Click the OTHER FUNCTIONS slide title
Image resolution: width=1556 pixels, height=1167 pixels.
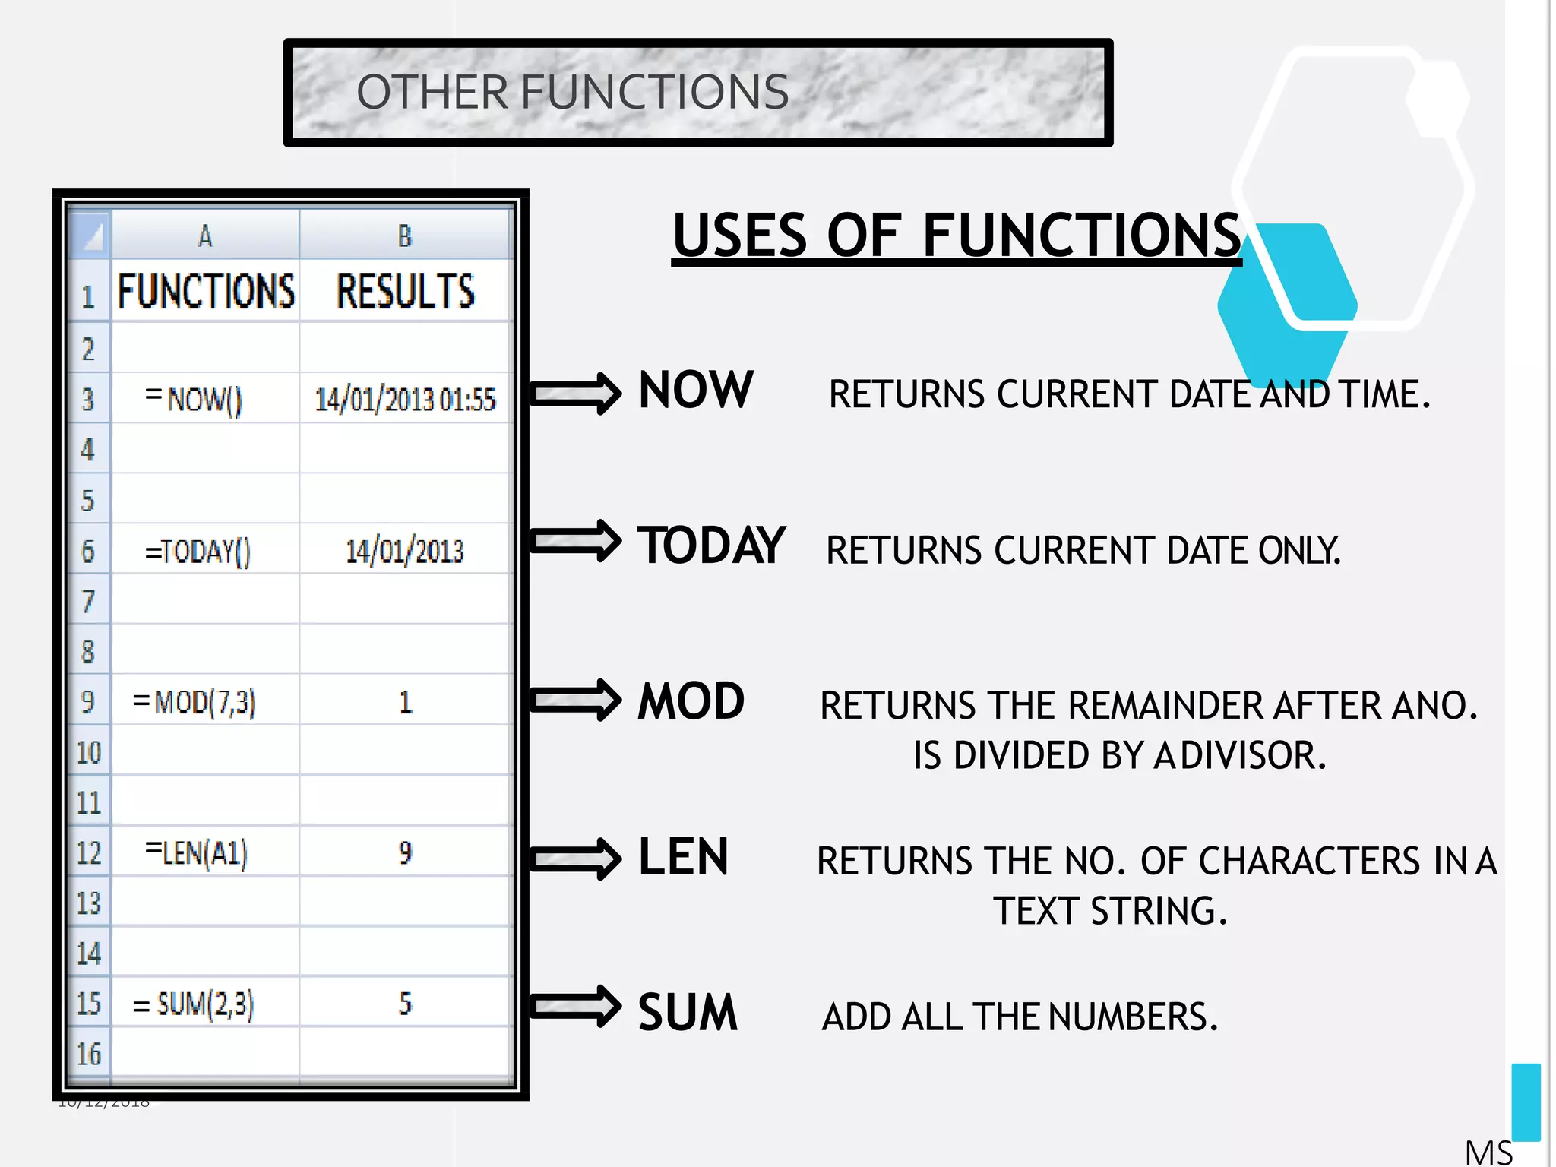572,92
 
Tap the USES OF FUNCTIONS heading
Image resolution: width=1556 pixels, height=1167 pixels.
956,236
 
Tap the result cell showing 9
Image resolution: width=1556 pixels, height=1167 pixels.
406,852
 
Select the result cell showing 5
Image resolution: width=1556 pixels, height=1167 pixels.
406,1004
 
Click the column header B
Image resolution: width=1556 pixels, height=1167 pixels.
405,236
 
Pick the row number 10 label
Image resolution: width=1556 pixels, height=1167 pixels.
89,752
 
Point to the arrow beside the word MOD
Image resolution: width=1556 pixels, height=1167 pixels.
575,700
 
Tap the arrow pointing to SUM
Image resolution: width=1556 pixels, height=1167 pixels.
575,1006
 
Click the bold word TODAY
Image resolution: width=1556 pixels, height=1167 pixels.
710,546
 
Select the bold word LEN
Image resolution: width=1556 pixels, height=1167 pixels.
683,857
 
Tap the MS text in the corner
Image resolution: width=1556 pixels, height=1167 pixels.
1488,1152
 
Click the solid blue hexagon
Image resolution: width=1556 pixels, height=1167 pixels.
1284,304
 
